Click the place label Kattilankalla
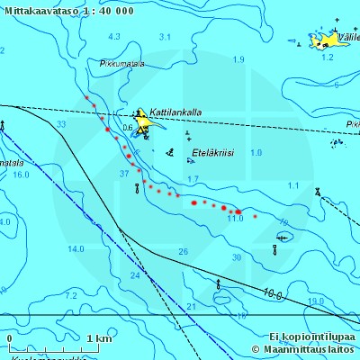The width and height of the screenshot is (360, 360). click(x=175, y=112)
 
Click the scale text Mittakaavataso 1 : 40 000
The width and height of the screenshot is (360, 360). click(x=68, y=11)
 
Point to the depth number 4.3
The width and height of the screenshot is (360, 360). click(x=113, y=37)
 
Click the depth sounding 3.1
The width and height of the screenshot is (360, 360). click(x=165, y=37)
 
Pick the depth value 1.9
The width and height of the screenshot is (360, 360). click(x=238, y=59)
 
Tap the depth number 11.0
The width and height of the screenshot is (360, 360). click(x=236, y=219)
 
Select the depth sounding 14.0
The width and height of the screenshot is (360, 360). click(x=76, y=249)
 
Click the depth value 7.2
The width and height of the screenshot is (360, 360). click(x=71, y=295)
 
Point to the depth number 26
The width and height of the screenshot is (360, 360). click(x=184, y=251)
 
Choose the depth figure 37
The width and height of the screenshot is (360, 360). click(x=124, y=173)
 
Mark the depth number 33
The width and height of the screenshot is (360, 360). click(x=61, y=124)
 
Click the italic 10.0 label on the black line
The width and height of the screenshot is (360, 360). click(x=274, y=294)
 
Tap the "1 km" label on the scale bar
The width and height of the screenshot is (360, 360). click(x=99, y=338)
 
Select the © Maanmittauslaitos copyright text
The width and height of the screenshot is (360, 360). click(x=304, y=349)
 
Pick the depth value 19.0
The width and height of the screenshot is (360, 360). click(x=316, y=301)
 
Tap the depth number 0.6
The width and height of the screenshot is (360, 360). click(x=127, y=128)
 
